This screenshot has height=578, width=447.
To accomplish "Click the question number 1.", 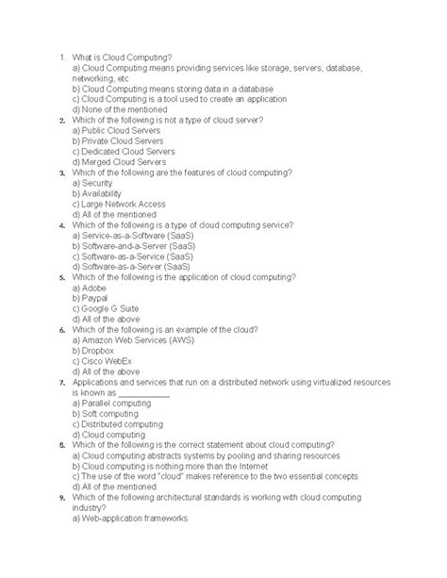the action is pyautogui.click(x=60, y=57).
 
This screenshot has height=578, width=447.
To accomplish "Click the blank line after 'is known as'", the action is pyautogui.click(x=143, y=396).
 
